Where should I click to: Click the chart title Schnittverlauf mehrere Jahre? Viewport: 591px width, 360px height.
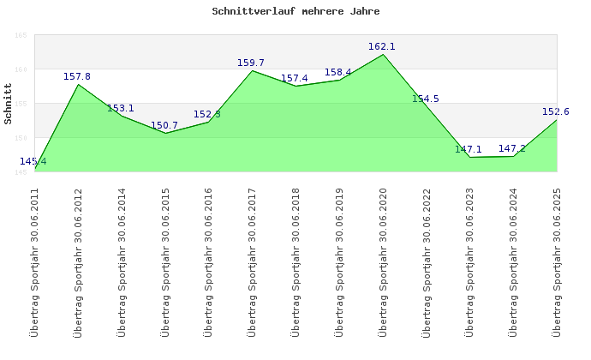pos(295,12)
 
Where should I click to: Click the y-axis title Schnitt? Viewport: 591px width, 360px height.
pos(8,103)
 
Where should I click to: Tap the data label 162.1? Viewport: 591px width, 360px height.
pos(382,46)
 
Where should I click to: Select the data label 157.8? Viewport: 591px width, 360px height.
pos(77,76)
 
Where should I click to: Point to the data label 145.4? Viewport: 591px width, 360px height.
pos(33,161)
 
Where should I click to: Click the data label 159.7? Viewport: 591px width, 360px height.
pos(251,63)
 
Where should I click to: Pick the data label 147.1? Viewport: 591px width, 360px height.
pos(469,149)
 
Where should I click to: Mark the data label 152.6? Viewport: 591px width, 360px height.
pos(556,111)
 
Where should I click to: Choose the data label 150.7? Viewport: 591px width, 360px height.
pos(164,125)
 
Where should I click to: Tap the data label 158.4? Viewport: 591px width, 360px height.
pos(338,72)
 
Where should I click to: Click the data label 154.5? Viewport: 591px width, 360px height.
pos(426,99)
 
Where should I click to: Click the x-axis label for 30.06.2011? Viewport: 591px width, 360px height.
pos(35,261)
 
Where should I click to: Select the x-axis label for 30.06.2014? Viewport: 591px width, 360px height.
pos(122,261)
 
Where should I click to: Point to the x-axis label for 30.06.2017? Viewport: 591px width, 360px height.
pos(253,261)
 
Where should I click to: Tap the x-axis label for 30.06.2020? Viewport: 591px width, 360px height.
pos(383,261)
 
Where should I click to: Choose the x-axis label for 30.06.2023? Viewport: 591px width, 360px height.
pos(470,261)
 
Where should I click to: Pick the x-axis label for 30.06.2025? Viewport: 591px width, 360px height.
pos(558,261)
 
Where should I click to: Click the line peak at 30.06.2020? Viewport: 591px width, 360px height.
pos(383,54)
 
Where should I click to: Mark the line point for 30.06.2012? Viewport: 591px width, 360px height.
pos(79,84)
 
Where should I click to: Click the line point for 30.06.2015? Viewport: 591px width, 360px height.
pos(165,133)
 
